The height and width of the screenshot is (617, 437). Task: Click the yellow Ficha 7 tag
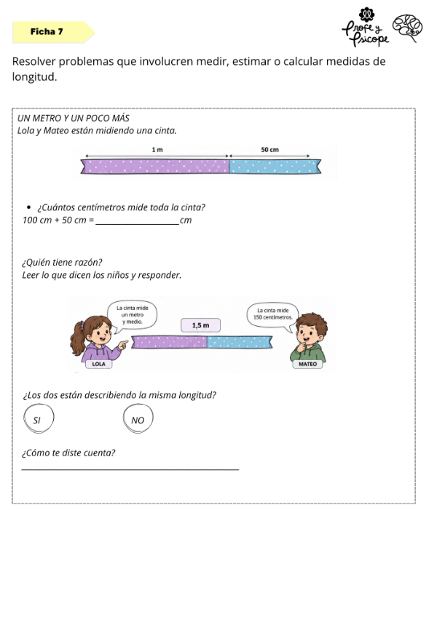pos(54,32)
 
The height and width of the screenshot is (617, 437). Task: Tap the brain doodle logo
pos(407,28)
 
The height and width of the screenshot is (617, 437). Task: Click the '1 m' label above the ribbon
pos(157,150)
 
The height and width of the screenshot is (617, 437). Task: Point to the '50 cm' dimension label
pos(270,150)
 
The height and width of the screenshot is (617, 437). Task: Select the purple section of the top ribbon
pos(155,167)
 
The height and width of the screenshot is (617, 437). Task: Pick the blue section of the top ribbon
pos(275,167)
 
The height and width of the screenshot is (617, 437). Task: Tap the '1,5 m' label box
pos(200,325)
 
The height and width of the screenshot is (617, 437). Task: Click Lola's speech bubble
pos(133,316)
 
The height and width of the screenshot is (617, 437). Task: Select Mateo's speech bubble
pos(272,315)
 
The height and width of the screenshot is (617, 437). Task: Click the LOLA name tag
pos(98,364)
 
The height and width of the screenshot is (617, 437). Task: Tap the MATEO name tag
pos(308,364)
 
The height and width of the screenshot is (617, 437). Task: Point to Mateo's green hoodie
pos(309,353)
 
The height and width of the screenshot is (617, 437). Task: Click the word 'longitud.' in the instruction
pos(35,76)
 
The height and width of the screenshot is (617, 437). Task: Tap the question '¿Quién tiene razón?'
pos(62,263)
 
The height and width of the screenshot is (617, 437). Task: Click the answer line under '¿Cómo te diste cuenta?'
pos(130,469)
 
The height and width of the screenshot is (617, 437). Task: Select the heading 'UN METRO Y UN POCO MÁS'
pos(74,118)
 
